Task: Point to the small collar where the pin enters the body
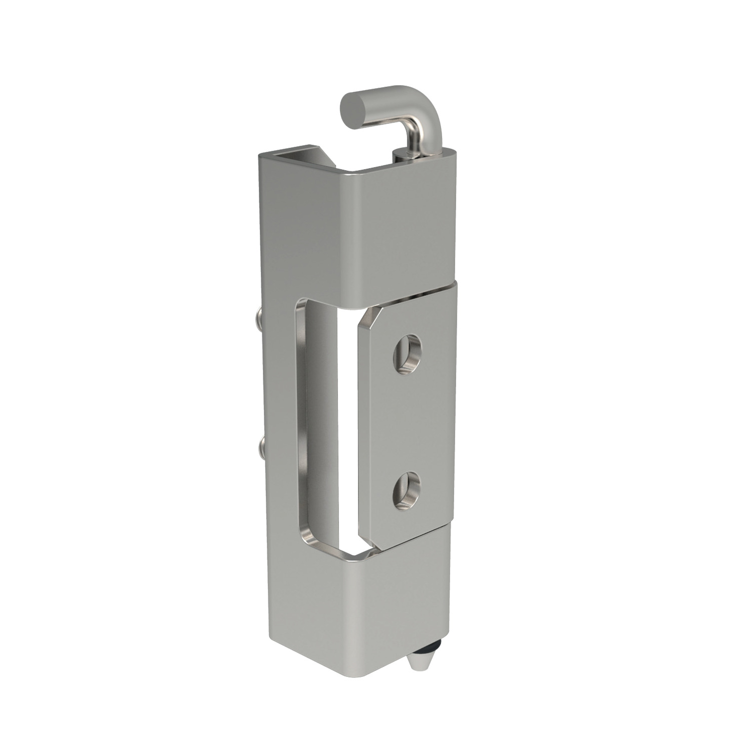click(x=404, y=155)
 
